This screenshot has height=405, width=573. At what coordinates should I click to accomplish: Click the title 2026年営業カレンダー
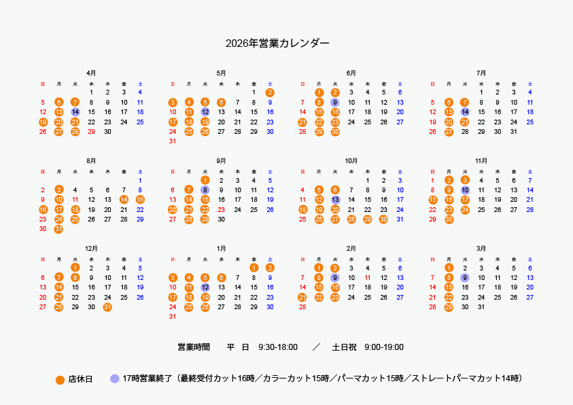[277, 43]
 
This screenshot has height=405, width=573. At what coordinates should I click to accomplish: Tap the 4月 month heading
[91, 73]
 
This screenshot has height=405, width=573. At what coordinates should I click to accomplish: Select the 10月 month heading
[351, 161]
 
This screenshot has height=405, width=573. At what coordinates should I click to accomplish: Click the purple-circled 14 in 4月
[75, 111]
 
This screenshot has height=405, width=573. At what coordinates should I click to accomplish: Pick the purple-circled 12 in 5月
[205, 111]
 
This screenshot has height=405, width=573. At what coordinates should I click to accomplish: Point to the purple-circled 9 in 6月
[335, 102]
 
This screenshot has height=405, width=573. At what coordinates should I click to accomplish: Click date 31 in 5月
[173, 141]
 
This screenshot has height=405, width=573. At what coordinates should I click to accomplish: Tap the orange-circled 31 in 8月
[59, 229]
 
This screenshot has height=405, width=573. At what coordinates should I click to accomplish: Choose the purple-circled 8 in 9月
[205, 190]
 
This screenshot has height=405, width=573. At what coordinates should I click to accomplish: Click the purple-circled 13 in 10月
[335, 200]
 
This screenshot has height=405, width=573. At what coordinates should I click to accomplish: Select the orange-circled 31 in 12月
[107, 307]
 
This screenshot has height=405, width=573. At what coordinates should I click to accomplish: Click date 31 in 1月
[173, 317]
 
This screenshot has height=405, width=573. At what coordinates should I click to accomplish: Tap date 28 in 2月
[302, 307]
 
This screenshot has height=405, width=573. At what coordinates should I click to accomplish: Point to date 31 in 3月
[481, 307]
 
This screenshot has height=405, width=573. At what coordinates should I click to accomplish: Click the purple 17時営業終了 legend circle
[114, 378]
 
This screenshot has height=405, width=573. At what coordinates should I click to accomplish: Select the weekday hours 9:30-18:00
[278, 348]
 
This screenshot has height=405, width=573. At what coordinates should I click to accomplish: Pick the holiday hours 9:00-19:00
[384, 348]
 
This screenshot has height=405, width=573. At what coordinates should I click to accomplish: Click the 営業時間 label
[194, 348]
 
